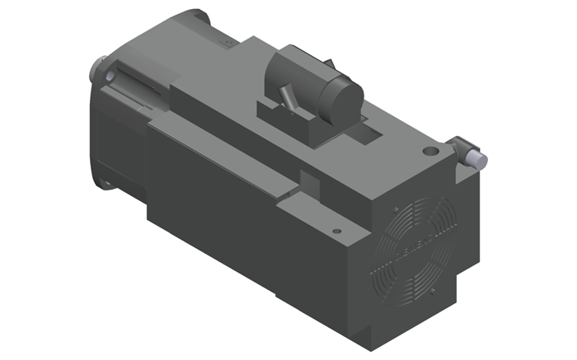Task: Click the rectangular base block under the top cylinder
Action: pyautogui.click(x=288, y=119)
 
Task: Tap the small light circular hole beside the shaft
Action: pyautogui.click(x=110, y=77)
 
